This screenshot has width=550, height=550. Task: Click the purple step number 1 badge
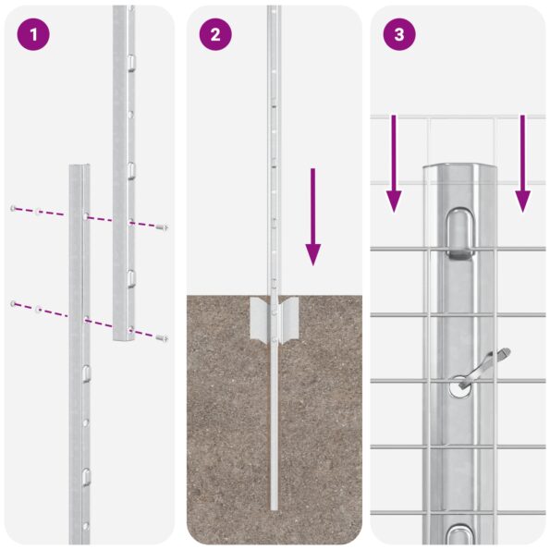point(31,35)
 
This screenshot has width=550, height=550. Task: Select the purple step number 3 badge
point(399,35)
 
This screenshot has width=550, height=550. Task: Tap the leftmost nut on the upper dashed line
point(13,208)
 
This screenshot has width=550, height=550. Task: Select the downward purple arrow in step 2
point(313,216)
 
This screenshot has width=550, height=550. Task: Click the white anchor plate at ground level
point(274,320)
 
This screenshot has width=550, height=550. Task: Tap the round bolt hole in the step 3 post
point(459,389)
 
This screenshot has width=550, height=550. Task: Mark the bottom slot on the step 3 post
point(459,533)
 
